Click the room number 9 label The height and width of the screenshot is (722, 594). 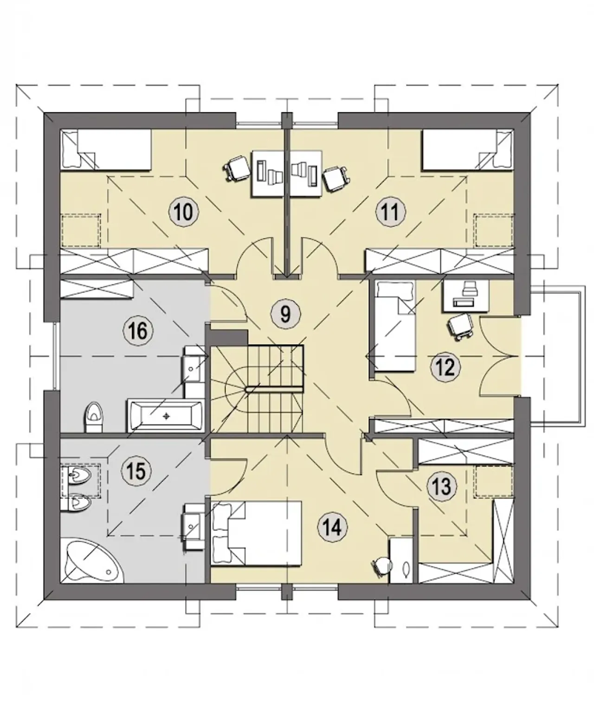[x=285, y=313]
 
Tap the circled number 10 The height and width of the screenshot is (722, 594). [x=184, y=212]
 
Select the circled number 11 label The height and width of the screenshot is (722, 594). [x=390, y=212]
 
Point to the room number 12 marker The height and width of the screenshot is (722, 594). [x=445, y=367]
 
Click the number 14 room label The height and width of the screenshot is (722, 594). [x=332, y=527]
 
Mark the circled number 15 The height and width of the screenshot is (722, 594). [x=136, y=471]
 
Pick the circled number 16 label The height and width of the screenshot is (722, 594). [x=138, y=331]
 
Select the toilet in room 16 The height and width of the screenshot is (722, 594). [x=93, y=416]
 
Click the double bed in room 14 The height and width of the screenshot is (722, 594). [x=256, y=534]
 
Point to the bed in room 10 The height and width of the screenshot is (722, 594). [x=106, y=149]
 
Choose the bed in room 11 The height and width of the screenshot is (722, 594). [x=468, y=149]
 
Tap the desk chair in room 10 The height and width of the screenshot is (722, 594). [x=236, y=168]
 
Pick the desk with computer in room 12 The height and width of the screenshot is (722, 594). [x=466, y=296]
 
